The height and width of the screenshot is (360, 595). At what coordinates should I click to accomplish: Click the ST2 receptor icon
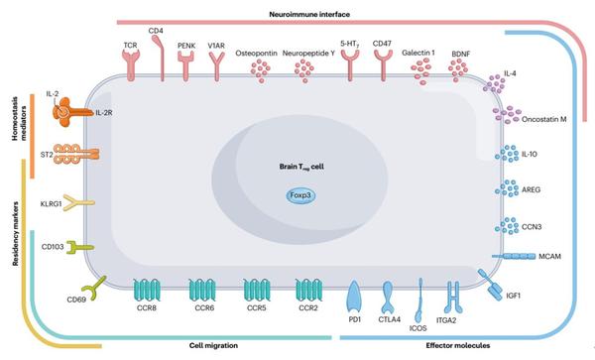72,156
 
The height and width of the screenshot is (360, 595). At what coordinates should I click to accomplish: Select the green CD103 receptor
78,246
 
